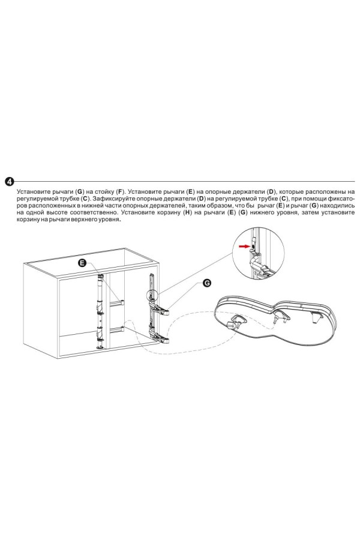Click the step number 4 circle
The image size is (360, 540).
(x=10, y=181)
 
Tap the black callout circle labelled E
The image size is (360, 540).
(x=82, y=263)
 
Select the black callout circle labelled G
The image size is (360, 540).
(x=206, y=283)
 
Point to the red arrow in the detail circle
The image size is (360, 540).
(x=244, y=246)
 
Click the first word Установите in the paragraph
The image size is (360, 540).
(x=34, y=191)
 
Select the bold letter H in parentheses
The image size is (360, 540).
(x=187, y=212)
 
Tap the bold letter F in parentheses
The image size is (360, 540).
(x=120, y=191)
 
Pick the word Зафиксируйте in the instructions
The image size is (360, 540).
(x=113, y=199)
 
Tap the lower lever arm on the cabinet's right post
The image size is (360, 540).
(x=160, y=338)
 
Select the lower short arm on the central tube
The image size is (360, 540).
(x=116, y=329)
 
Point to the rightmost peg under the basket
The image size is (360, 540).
(x=314, y=317)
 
